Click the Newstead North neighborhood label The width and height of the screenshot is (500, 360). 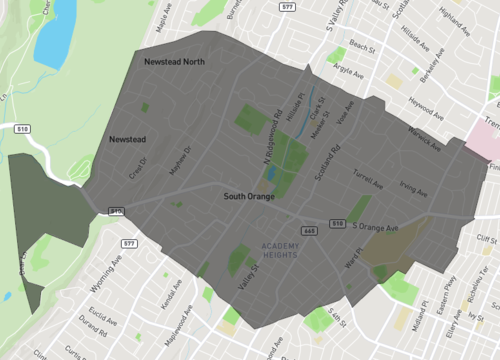(x=174, y=62)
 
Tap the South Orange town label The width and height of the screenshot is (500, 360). (x=249, y=198)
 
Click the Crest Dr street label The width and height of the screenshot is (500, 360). (x=137, y=167)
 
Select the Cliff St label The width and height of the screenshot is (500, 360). (x=486, y=239)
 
